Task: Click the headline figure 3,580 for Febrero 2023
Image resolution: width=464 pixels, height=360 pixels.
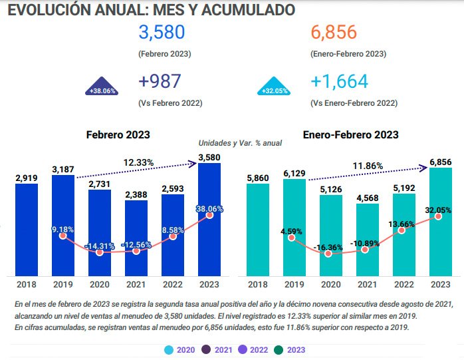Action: (161, 33)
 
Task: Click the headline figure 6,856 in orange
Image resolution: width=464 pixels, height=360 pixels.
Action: (333, 33)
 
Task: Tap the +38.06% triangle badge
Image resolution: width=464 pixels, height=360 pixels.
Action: (102, 90)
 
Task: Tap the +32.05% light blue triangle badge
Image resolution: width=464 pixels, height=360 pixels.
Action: (275, 90)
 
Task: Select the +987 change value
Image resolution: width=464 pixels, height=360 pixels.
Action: (160, 82)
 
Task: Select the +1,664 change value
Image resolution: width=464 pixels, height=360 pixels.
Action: (338, 82)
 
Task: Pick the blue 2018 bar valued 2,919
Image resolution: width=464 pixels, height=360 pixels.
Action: (27, 230)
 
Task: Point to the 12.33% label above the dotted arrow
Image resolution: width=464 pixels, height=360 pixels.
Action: (138, 162)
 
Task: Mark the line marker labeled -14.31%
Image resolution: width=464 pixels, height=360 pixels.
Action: (100, 252)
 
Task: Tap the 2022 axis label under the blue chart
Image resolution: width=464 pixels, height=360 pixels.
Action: (172, 285)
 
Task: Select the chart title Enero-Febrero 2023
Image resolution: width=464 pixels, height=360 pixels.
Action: (350, 134)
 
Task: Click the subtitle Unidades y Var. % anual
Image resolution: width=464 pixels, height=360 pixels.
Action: (241, 143)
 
